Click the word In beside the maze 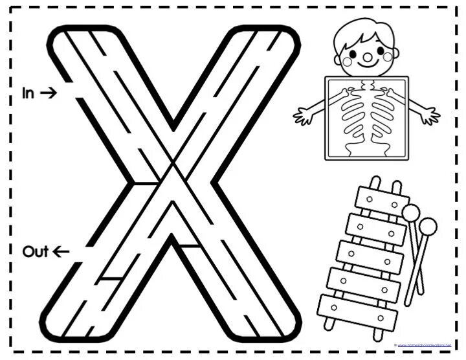click(28, 93)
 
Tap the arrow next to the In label click(49, 93)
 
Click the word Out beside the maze click(36, 251)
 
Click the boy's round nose click(367, 57)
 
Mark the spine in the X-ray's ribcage click(367, 117)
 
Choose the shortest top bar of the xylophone click(382, 202)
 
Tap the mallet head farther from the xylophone click(428, 227)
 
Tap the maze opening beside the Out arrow click(78, 252)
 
